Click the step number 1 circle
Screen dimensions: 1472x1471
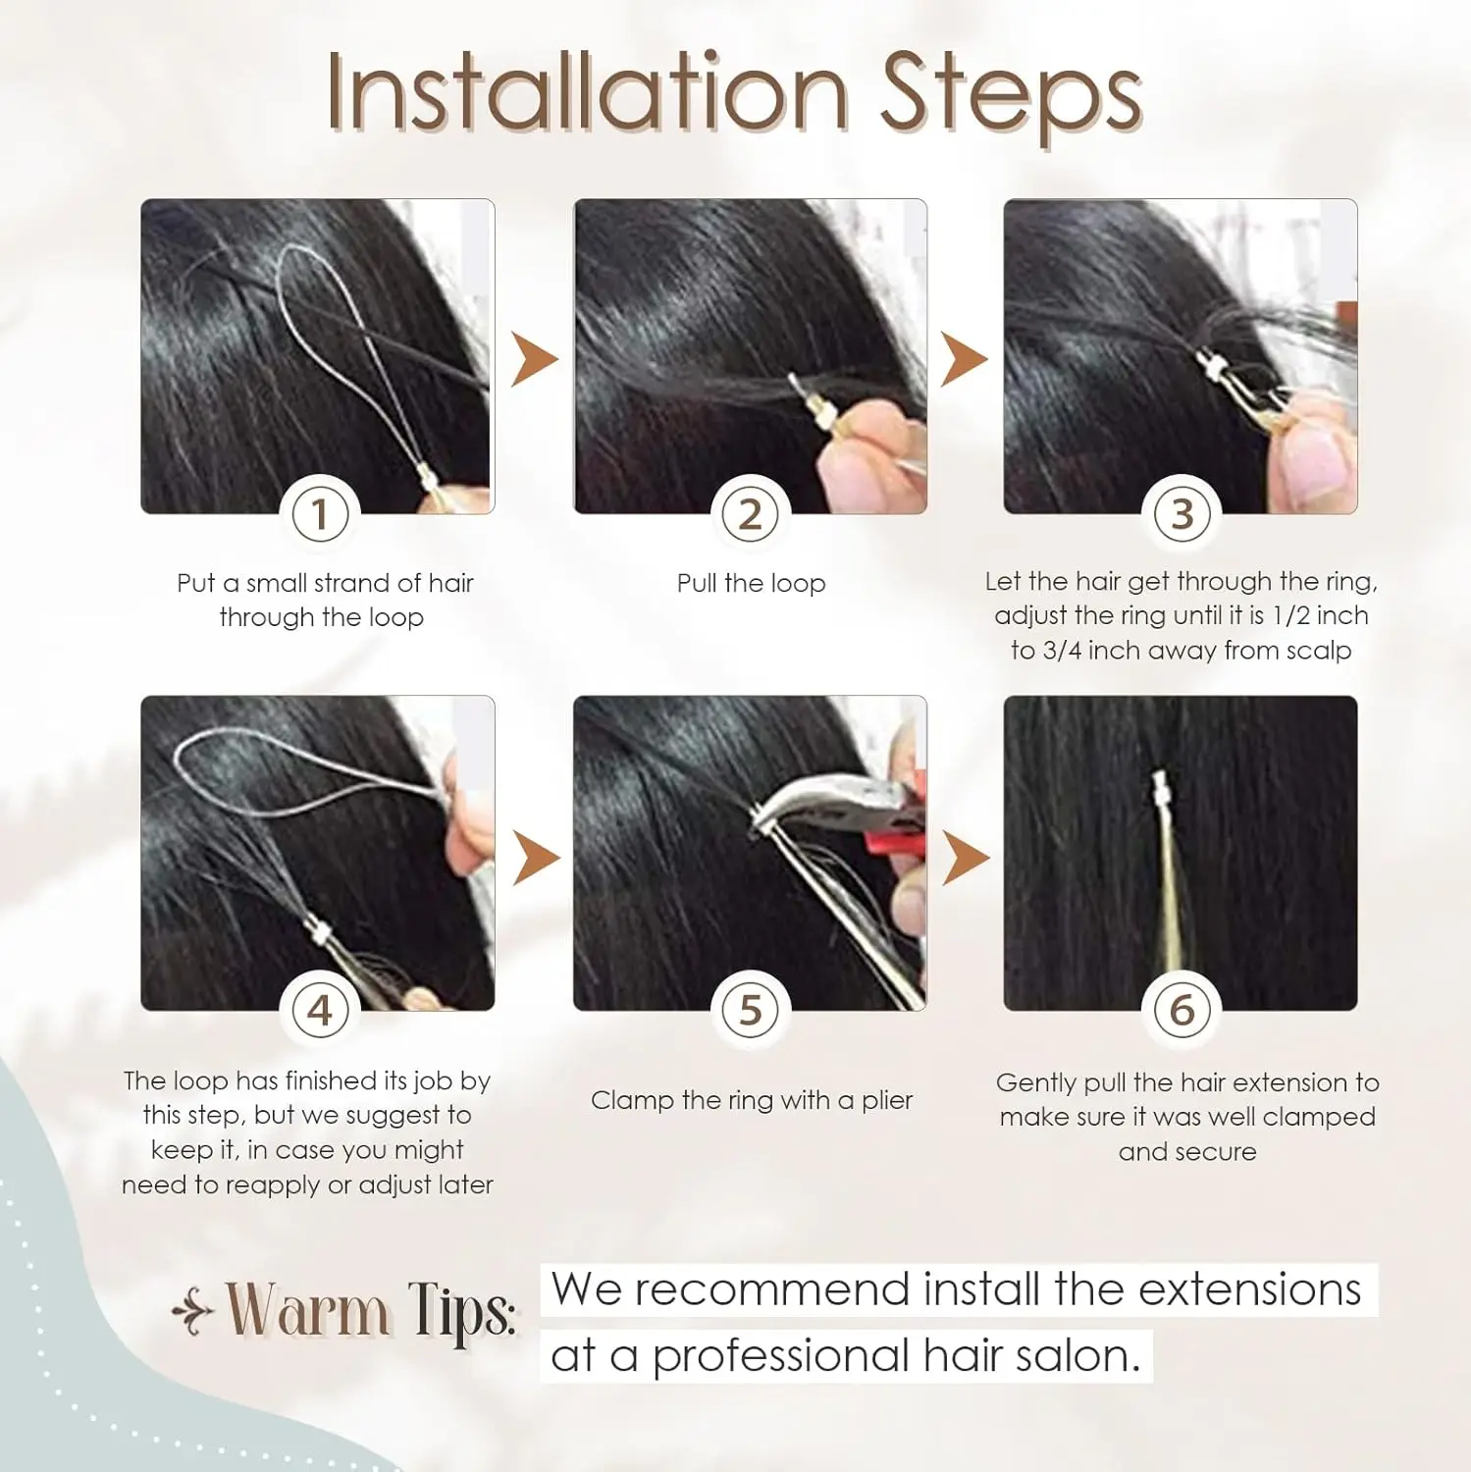click(320, 514)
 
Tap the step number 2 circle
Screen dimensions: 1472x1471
click(751, 514)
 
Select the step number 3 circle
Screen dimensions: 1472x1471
click(1182, 514)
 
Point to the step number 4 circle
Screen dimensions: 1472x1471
click(320, 1010)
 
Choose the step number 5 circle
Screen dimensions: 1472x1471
click(751, 1010)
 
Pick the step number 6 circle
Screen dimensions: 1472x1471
click(1182, 1010)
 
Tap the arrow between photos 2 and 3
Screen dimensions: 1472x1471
click(963, 360)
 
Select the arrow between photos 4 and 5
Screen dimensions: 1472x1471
click(535, 858)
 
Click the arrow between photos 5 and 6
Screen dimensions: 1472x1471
click(964, 858)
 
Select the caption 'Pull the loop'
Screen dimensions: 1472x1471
click(751, 583)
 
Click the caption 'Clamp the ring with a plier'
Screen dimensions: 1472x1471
click(751, 1100)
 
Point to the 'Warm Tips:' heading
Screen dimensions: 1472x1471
click(371, 1311)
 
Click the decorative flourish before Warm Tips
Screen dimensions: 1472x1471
click(192, 1313)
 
